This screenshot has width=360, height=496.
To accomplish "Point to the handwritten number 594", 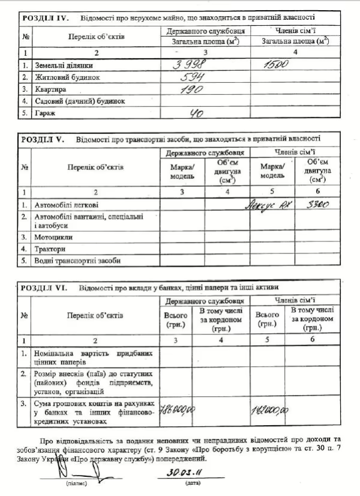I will click(193, 77).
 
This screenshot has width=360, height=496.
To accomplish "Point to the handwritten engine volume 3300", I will click(317, 205).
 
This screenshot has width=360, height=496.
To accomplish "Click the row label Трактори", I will click(51, 249).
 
